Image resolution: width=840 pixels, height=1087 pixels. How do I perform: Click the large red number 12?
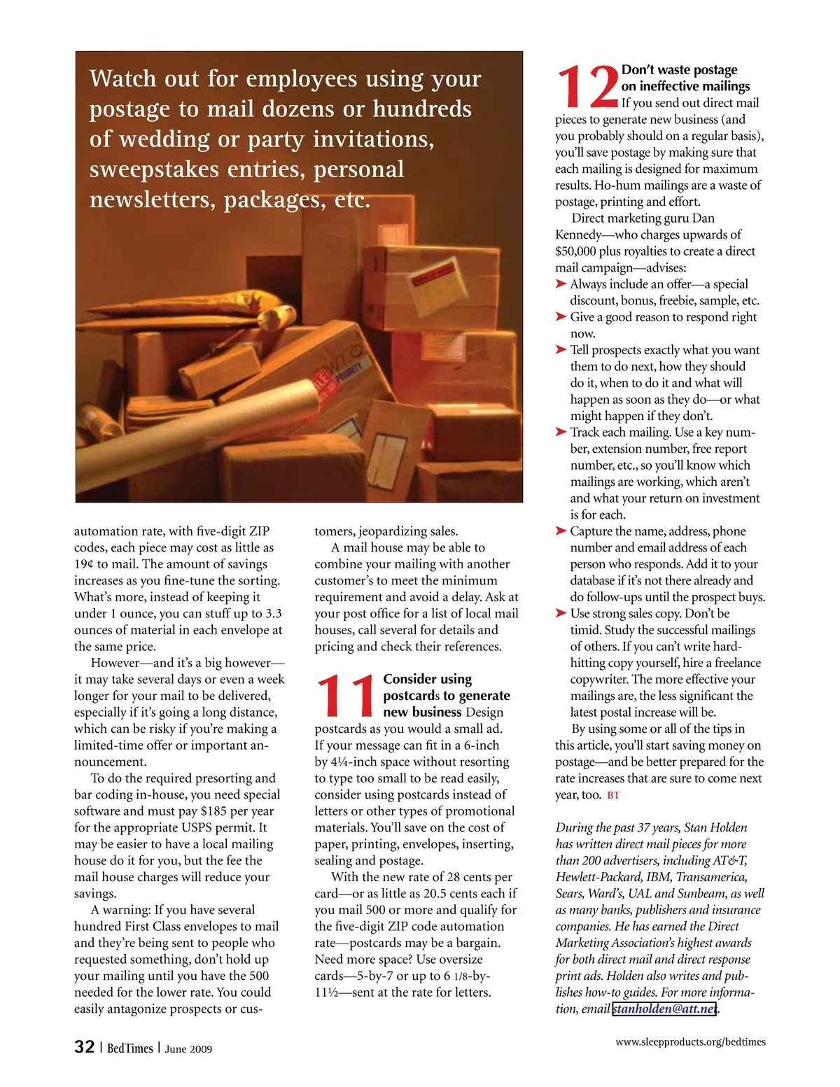coord(587,86)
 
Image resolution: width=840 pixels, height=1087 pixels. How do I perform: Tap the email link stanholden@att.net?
coord(664,1009)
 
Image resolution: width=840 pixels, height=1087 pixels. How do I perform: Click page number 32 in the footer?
coord(84,1046)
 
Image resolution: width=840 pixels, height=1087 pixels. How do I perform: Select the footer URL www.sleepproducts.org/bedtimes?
coord(690,1042)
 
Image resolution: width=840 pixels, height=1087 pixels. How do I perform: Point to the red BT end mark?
coord(613,795)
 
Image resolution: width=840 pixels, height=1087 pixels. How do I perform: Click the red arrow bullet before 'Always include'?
coord(561,283)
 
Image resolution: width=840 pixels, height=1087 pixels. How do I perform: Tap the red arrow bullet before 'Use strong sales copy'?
coord(561,613)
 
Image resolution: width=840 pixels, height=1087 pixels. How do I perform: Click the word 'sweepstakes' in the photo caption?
coord(147,169)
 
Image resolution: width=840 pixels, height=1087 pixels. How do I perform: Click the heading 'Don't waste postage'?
coord(679,70)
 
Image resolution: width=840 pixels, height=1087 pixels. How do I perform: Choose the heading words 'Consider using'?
coord(427,679)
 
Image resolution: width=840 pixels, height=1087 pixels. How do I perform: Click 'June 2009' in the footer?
coord(188,1049)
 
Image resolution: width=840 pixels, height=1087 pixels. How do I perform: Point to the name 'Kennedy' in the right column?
coord(578,234)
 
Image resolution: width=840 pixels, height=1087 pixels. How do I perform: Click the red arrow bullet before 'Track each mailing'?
coord(561,432)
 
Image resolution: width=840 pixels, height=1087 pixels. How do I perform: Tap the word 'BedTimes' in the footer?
coord(129,1048)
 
